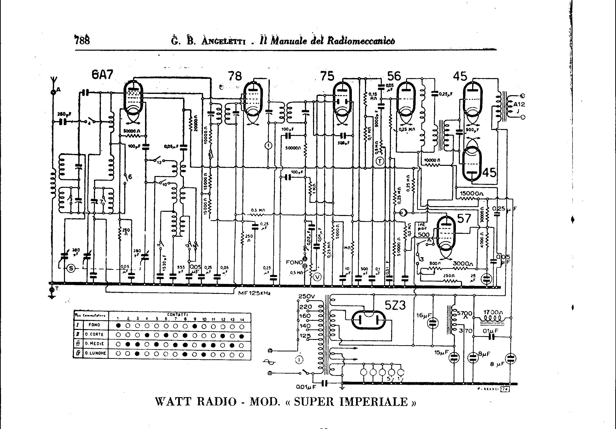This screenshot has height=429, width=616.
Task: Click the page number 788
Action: [82, 40]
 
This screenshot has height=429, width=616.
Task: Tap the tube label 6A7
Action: [102, 75]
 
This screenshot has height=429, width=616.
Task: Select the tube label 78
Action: [235, 76]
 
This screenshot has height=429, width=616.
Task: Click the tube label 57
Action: [464, 219]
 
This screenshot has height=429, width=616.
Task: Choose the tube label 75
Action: [327, 76]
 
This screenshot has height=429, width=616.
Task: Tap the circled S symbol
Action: [71, 268]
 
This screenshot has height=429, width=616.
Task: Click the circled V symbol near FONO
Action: [318, 277]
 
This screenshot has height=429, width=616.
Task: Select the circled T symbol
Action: [380, 161]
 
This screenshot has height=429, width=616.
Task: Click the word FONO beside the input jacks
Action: [294, 262]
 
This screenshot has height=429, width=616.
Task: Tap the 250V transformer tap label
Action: [306, 297]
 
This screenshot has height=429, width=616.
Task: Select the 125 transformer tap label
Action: [305, 336]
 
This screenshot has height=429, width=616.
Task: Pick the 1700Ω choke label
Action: [493, 313]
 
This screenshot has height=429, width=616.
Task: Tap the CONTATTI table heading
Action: [177, 314]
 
